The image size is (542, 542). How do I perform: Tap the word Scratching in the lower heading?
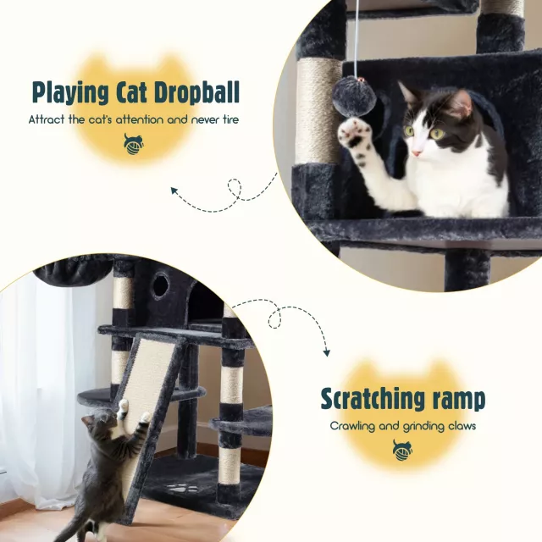click(372, 399)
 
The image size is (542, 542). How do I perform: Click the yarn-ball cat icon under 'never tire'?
click(134, 145)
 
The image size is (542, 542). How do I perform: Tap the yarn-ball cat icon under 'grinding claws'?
click(403, 451)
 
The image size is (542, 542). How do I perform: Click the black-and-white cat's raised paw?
click(355, 134)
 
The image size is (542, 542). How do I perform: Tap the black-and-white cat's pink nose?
click(417, 152)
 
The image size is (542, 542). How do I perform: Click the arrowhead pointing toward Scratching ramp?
click(326, 352)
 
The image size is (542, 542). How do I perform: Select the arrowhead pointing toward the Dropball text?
click(175, 191)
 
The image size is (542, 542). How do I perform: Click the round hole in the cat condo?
click(161, 285)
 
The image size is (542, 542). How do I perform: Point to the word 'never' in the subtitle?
click(203, 120)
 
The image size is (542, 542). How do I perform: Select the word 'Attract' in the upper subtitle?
click(47, 119)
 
